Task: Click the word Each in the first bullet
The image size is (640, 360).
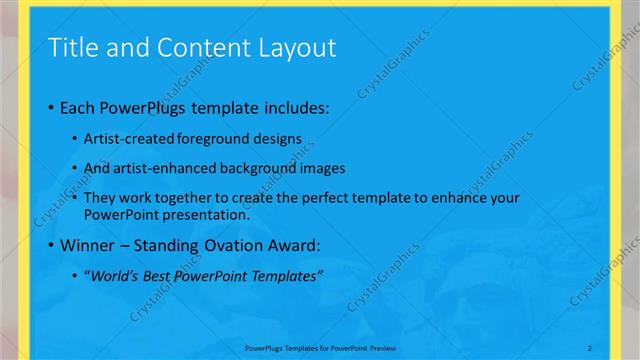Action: click(x=78, y=108)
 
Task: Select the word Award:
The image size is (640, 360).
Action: click(x=294, y=245)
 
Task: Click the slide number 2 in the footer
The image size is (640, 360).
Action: click(x=590, y=347)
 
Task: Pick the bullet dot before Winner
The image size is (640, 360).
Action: click(x=51, y=245)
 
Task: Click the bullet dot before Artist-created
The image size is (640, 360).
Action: click(x=77, y=138)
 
